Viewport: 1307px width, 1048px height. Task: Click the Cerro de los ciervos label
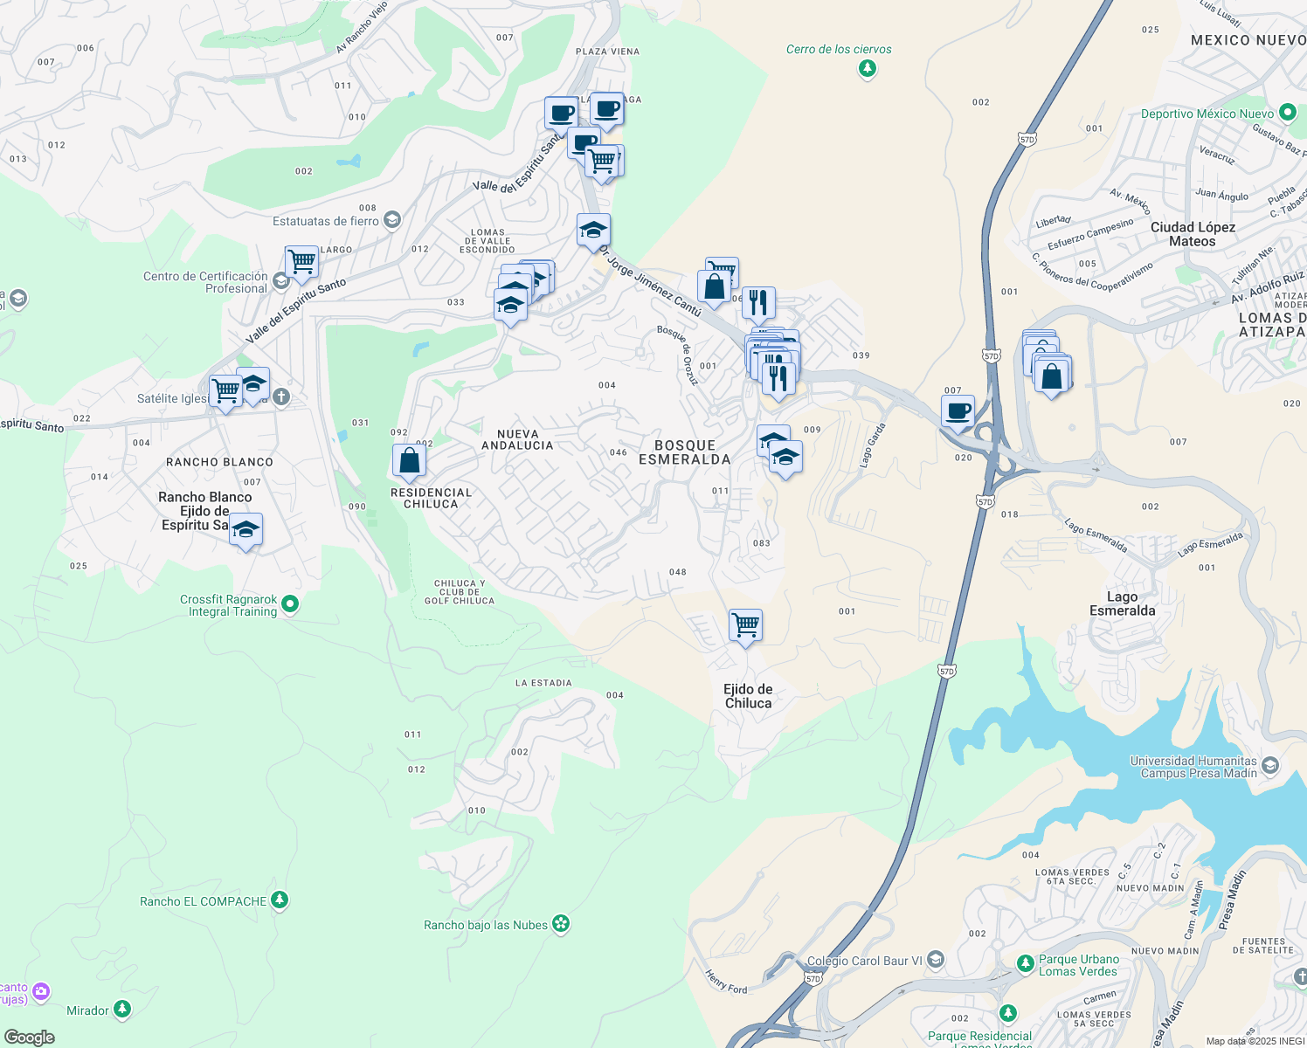click(839, 50)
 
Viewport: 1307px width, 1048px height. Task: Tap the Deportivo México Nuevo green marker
click(1287, 113)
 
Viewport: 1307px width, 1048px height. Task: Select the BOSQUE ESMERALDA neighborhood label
click(684, 452)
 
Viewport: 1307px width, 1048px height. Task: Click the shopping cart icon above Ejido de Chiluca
click(745, 625)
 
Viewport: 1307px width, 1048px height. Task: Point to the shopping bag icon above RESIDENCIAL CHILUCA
click(409, 460)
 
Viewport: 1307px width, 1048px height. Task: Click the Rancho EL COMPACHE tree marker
click(280, 900)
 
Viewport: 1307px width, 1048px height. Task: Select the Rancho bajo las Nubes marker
click(561, 924)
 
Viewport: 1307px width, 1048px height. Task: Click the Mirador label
click(88, 1010)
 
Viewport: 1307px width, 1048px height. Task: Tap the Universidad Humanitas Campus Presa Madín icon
click(1270, 766)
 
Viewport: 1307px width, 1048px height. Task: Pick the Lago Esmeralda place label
click(1122, 603)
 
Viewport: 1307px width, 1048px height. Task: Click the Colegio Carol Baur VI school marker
click(936, 960)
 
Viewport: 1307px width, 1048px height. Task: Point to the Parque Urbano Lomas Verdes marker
click(1025, 964)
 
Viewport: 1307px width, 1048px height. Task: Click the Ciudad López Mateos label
click(1193, 234)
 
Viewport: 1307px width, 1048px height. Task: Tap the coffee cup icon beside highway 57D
click(958, 410)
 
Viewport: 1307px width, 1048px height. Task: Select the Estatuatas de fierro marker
click(392, 219)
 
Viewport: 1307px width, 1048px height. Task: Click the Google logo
click(30, 1037)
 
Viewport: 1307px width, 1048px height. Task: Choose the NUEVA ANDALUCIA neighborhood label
click(517, 439)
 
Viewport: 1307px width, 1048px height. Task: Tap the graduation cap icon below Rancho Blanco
click(245, 529)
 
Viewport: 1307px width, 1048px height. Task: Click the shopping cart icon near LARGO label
click(301, 261)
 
